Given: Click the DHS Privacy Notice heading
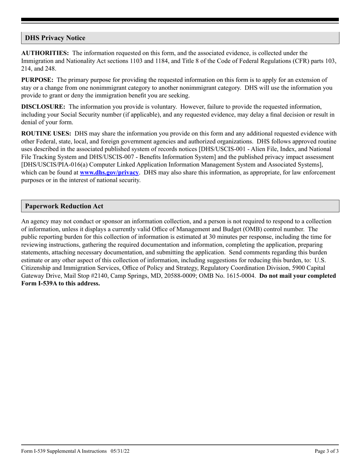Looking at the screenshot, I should click(x=55, y=38).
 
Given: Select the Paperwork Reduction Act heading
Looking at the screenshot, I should click(x=64, y=206).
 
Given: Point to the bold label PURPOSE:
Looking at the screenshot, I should click(x=37, y=80).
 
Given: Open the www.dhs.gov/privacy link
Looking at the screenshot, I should click(x=109, y=172).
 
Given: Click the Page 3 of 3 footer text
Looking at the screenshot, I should click(x=327, y=451).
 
